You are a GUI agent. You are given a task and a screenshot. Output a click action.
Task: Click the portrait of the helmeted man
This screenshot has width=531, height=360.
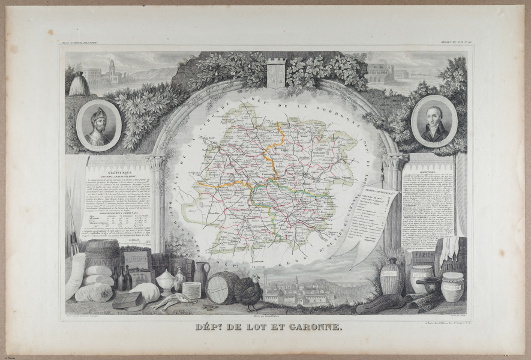tap(99, 125)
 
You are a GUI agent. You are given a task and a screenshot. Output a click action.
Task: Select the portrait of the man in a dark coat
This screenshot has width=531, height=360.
tap(435, 122)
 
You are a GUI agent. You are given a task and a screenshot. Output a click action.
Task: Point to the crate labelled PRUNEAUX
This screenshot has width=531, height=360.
tap(137, 259)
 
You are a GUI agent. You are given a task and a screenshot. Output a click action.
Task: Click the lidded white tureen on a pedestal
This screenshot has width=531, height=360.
tap(165, 280)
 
